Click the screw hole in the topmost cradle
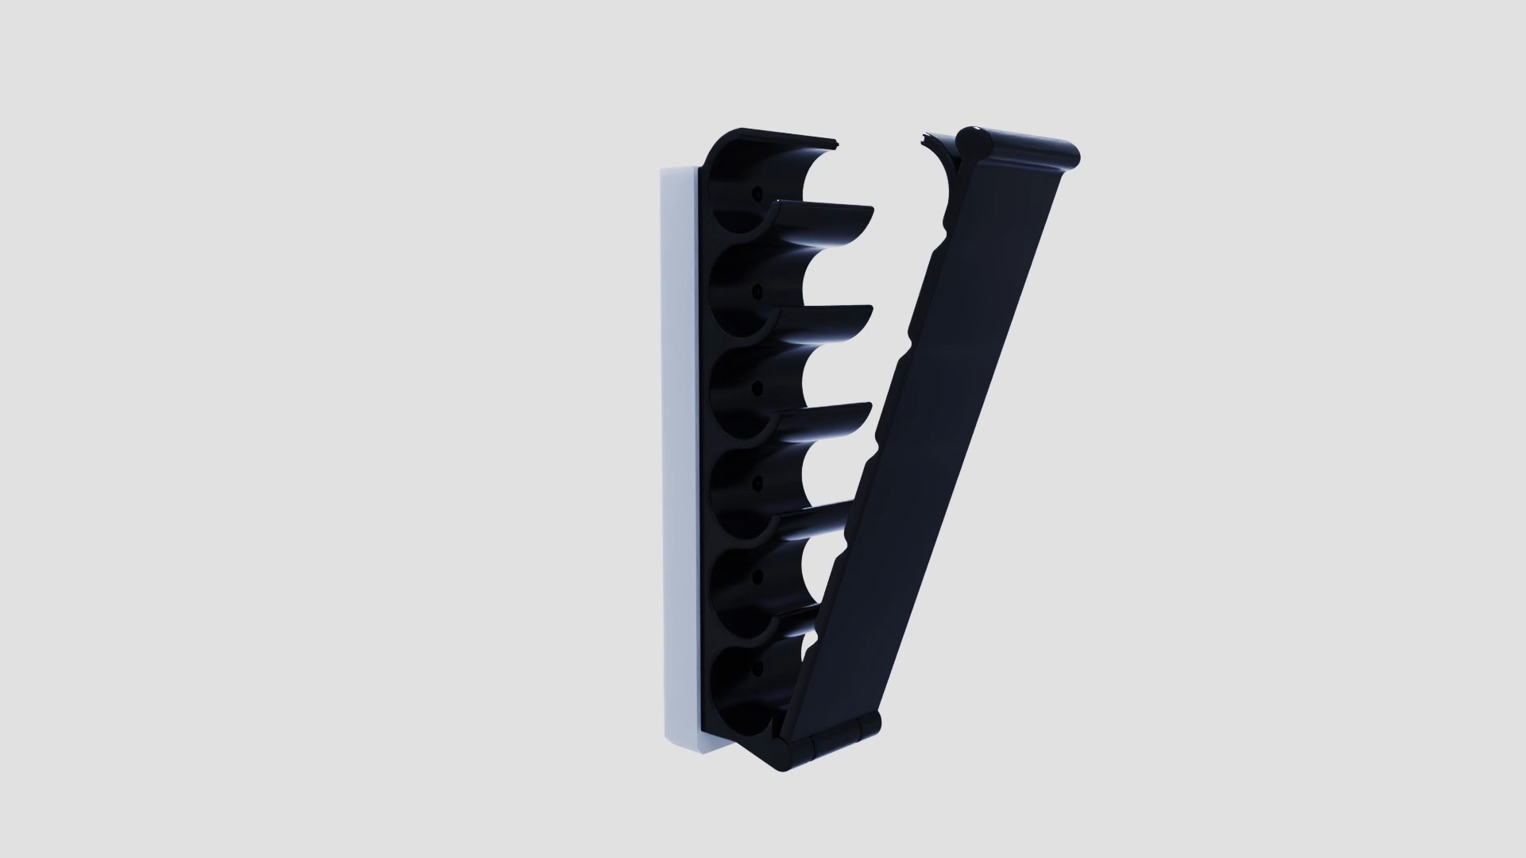click(x=200, y=193)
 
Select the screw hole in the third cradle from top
click(x=200, y=388)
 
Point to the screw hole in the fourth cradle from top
click(x=200, y=483)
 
